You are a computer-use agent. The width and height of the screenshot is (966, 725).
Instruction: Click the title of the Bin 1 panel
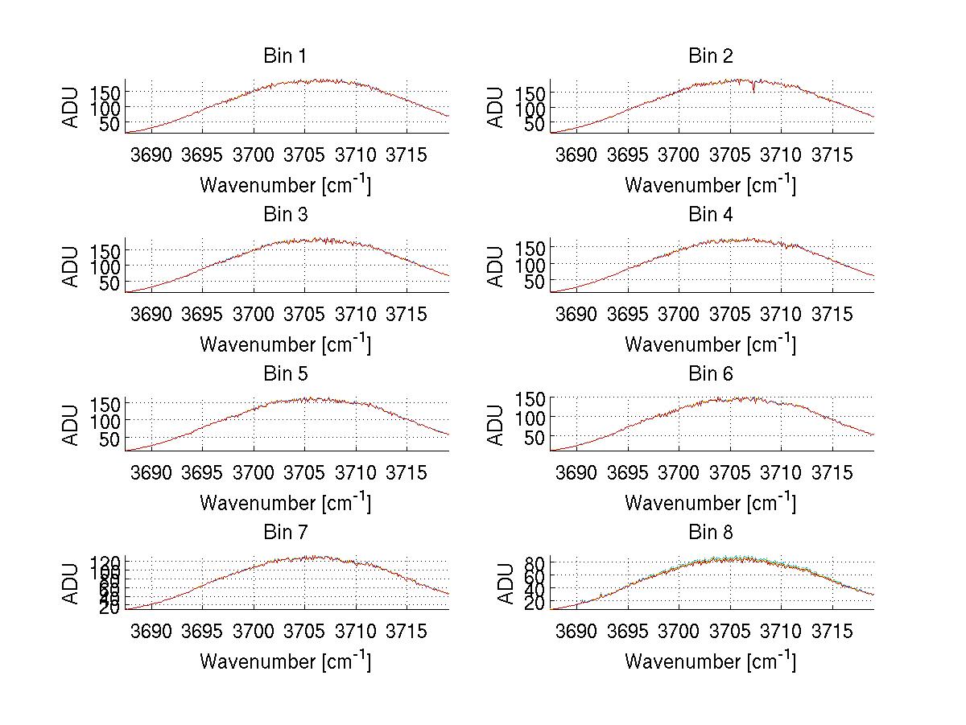pos(285,56)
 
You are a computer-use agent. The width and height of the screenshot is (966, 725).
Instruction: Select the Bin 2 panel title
pos(710,56)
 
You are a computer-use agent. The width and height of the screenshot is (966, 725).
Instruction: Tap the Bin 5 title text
pos(285,373)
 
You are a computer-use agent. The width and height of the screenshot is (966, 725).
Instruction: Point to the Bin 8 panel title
pos(710,532)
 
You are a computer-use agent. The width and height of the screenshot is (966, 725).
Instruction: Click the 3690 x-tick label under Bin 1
pos(151,154)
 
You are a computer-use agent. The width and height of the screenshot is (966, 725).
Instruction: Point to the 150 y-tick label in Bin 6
pos(528,398)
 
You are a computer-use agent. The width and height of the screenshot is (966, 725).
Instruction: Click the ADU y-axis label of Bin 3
pos(72,266)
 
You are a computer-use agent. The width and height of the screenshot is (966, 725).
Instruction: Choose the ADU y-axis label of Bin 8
pos(506,583)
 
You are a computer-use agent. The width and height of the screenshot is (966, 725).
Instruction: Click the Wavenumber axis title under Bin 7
pos(285,661)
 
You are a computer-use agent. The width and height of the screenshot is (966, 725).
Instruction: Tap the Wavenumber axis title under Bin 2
pos(710,184)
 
